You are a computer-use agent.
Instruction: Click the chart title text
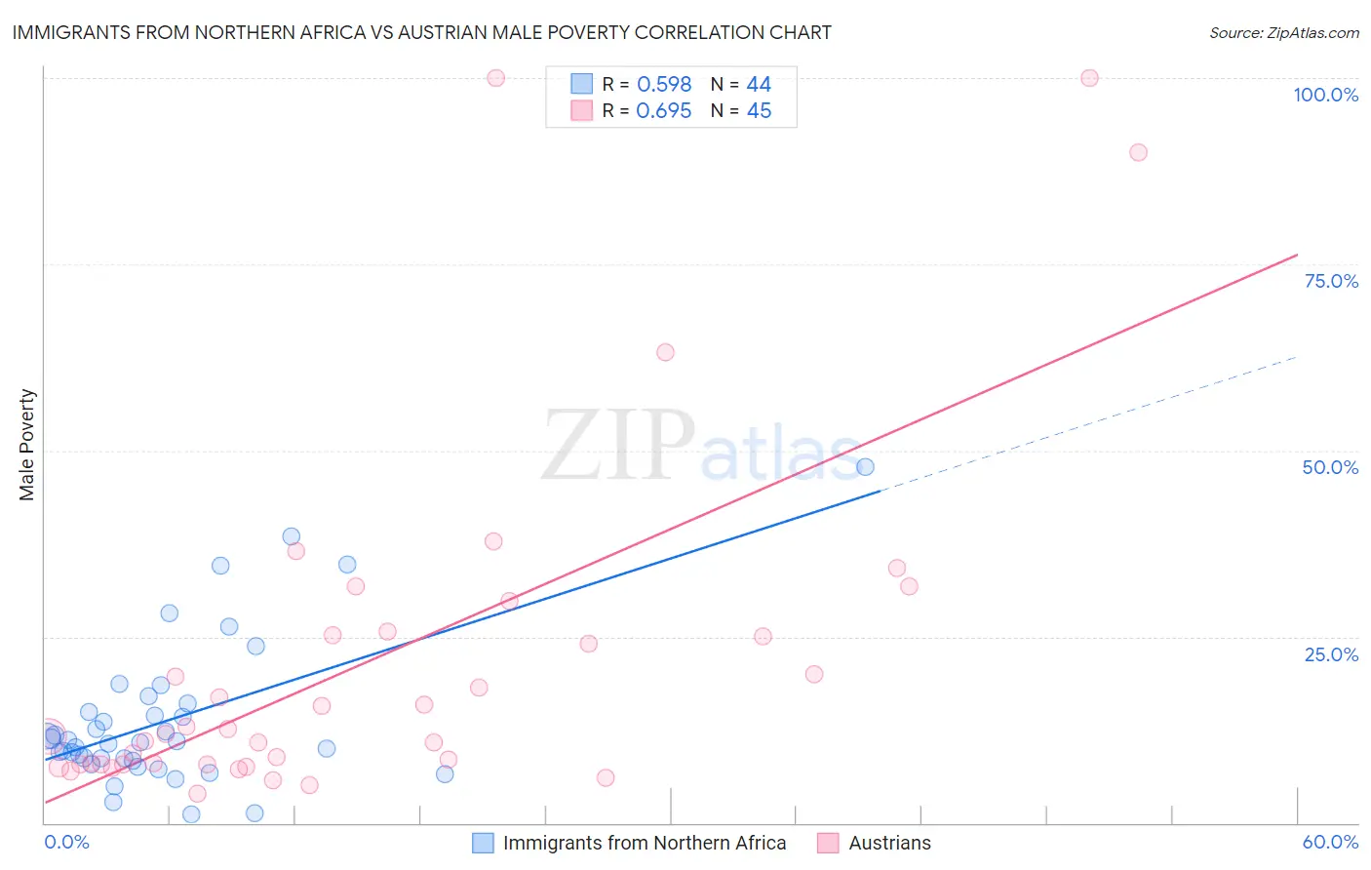click(x=421, y=32)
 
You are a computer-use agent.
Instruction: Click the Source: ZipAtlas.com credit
click(x=1283, y=32)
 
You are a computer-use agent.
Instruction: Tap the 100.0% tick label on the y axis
click(x=1325, y=95)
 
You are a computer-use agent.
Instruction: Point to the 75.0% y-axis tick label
click(x=1330, y=281)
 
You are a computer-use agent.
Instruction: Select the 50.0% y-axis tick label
click(x=1330, y=467)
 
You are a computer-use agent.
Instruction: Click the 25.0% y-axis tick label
click(x=1330, y=654)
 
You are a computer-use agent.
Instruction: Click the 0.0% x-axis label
click(x=66, y=842)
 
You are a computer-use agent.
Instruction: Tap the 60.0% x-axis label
click(x=1330, y=842)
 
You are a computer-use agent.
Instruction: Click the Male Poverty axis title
click(x=27, y=445)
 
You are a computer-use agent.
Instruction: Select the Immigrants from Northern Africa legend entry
click(x=644, y=843)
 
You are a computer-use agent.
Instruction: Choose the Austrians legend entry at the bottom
click(x=889, y=843)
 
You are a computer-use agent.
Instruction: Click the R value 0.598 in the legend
click(x=664, y=85)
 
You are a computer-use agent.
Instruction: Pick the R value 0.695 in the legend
click(x=664, y=111)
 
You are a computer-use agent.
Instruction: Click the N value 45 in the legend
click(x=759, y=111)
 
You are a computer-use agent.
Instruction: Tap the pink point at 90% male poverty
click(x=1138, y=152)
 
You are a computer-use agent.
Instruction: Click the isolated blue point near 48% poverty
click(x=865, y=467)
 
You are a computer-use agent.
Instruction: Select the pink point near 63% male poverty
click(x=665, y=352)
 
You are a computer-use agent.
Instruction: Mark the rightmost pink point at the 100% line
click(x=1089, y=78)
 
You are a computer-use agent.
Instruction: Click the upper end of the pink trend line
click(x=1296, y=256)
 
